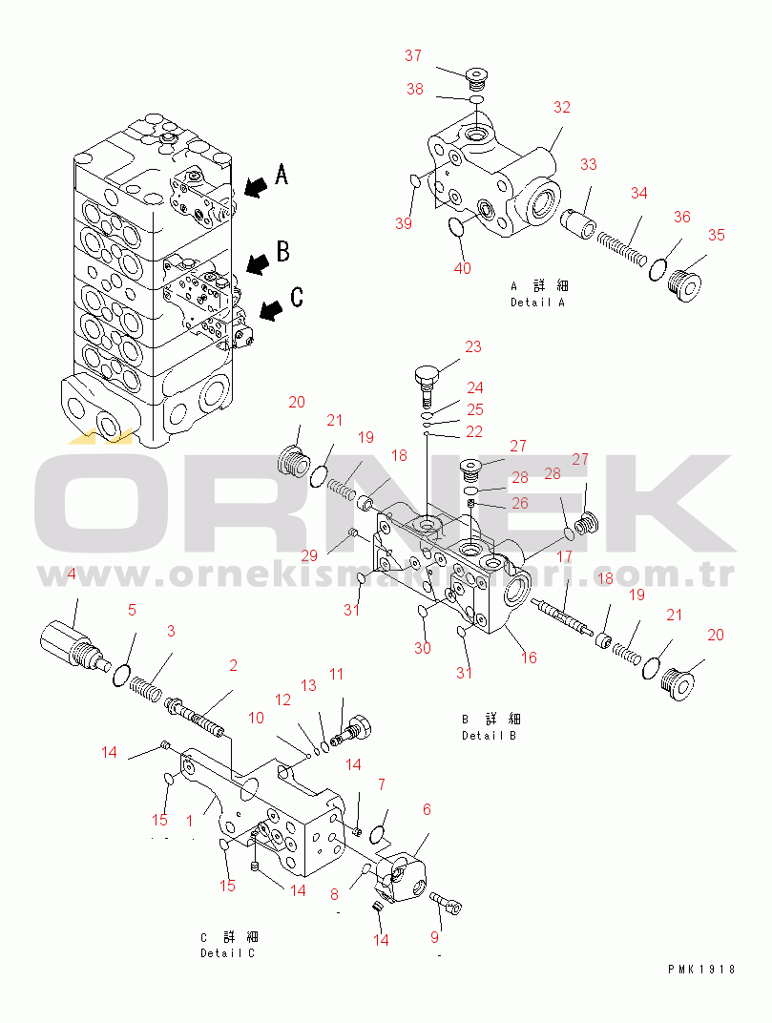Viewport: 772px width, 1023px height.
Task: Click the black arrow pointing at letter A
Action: tap(255, 186)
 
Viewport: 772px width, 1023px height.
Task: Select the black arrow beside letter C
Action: tap(271, 308)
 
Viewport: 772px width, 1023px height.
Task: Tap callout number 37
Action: tap(412, 56)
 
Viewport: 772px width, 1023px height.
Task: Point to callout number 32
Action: tap(561, 108)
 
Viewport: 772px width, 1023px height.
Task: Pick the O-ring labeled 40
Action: tap(459, 227)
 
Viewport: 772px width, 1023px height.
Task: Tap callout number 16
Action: tap(529, 658)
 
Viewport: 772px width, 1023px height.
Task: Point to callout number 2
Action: tap(232, 666)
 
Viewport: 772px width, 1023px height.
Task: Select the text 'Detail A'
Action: tap(537, 303)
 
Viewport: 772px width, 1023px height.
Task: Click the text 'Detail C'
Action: tap(227, 953)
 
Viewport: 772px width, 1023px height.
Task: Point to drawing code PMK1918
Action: tap(701, 969)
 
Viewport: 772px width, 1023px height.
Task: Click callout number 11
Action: tap(336, 675)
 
